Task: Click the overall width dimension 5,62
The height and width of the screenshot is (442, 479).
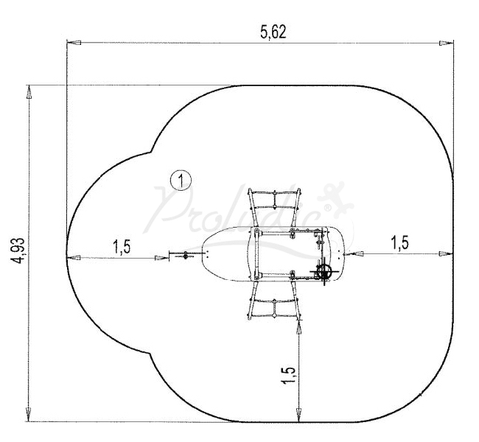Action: coord(273,32)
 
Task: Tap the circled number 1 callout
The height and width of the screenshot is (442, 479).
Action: coord(181,180)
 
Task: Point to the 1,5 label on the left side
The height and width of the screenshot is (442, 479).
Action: coord(122,247)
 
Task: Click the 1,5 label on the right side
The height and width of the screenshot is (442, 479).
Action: coord(399,243)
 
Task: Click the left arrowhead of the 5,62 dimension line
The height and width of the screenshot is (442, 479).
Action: coord(74,43)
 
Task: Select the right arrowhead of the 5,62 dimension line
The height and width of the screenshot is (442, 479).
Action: coord(447,43)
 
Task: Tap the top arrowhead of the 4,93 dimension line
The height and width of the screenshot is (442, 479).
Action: coord(29,92)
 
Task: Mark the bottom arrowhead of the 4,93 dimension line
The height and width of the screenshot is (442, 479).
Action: coord(29,415)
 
